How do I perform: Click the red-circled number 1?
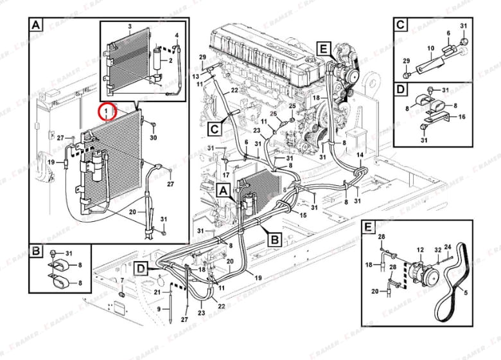pyautogui.click(x=108, y=112)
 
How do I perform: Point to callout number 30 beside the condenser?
pyautogui.click(x=153, y=138)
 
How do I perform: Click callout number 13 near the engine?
pyautogui.click(x=197, y=76)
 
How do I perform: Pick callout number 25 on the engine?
pyautogui.click(x=292, y=105)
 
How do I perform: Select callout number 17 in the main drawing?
pyautogui.click(x=225, y=175)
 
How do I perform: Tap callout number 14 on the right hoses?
pyautogui.click(x=360, y=156)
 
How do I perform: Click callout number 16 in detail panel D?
pyautogui.click(x=461, y=117)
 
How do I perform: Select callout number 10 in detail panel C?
pyautogui.click(x=431, y=48)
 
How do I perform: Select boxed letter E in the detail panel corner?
pyautogui.click(x=367, y=228)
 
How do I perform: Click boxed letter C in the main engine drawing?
pyautogui.click(x=214, y=128)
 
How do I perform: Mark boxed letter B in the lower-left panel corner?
pyautogui.click(x=37, y=250)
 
